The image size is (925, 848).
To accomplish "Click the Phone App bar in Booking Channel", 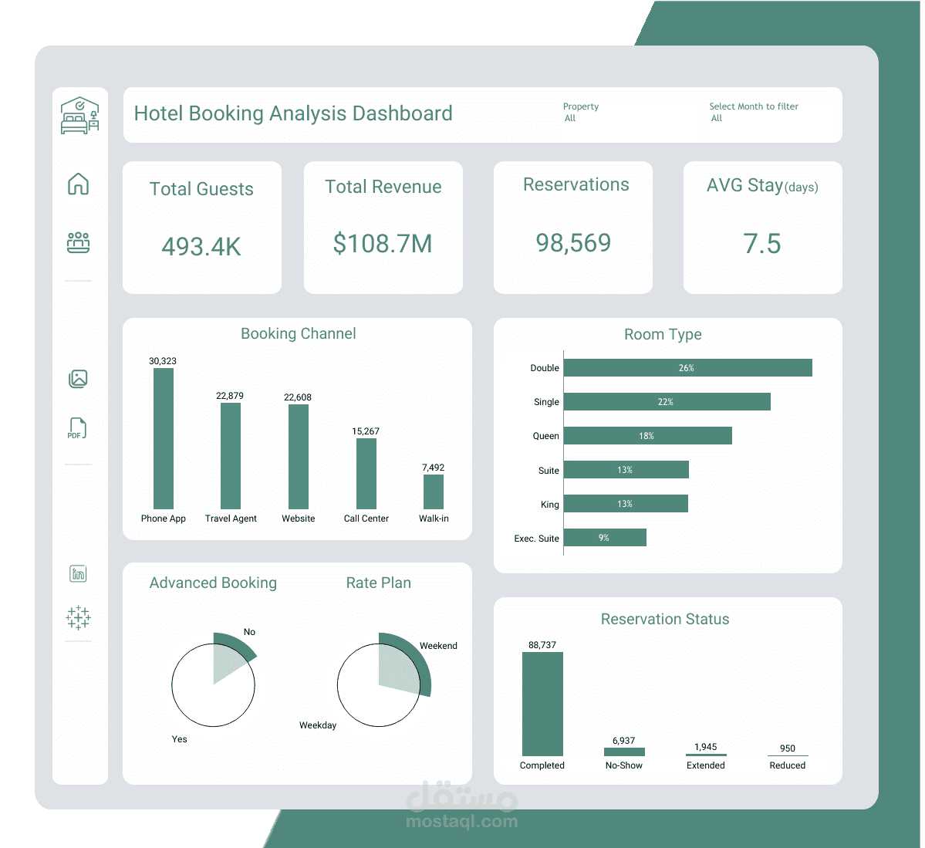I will (164, 438).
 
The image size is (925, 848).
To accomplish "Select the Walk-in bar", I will (434, 492).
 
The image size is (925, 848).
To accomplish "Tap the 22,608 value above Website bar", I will (298, 397).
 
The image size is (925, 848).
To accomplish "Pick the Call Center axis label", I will (366, 519).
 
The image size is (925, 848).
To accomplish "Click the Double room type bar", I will (687, 368).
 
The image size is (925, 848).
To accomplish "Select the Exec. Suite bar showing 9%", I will (605, 538).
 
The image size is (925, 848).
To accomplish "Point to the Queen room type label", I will (545, 436).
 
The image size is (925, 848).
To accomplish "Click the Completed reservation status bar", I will (542, 704).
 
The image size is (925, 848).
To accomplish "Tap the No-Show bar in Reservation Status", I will (624, 752).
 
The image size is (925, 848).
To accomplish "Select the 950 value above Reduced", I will (787, 748).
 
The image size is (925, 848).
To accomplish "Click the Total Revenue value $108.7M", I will (383, 244).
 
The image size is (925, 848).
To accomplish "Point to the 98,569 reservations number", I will (573, 243).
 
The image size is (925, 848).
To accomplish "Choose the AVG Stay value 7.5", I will (762, 244).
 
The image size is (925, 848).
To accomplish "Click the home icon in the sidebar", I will (79, 184).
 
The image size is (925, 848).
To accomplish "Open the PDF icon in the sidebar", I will (78, 428).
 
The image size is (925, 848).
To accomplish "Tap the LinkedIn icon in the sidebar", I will (78, 573).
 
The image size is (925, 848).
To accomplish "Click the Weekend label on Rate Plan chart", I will (438, 646).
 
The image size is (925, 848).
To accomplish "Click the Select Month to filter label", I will (754, 106).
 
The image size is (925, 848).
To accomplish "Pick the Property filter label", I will (581, 106).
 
